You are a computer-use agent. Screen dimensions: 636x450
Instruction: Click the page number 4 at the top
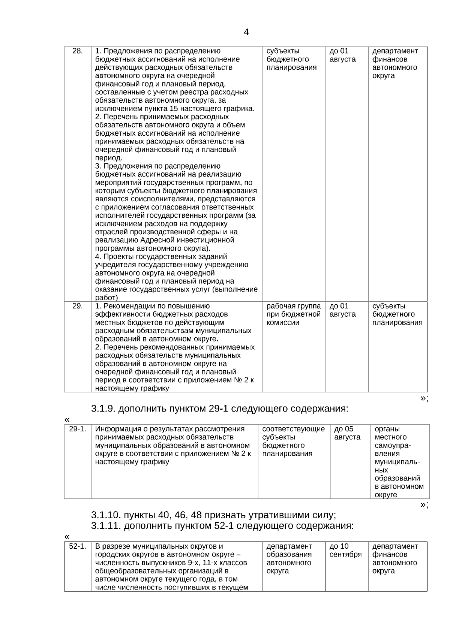tap(246, 32)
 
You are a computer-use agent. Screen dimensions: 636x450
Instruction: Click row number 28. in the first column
tap(77, 51)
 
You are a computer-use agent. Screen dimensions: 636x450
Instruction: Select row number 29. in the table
tap(77, 306)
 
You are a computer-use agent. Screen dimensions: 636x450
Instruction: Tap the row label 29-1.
tap(78, 429)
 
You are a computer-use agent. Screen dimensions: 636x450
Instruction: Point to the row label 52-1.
tap(78, 546)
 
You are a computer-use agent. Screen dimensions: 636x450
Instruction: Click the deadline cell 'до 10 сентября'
tap(345, 550)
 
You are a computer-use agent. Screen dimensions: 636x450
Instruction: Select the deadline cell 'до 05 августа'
tap(347, 433)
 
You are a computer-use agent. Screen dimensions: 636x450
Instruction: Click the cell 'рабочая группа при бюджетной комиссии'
tap(293, 314)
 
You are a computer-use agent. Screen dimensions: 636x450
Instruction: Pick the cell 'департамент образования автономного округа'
tap(289, 558)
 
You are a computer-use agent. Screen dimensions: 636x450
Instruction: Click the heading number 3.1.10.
tap(105, 515)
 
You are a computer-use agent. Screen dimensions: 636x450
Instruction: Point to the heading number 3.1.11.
tap(105, 526)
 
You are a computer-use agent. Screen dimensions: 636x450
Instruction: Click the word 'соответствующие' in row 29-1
tap(293, 429)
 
